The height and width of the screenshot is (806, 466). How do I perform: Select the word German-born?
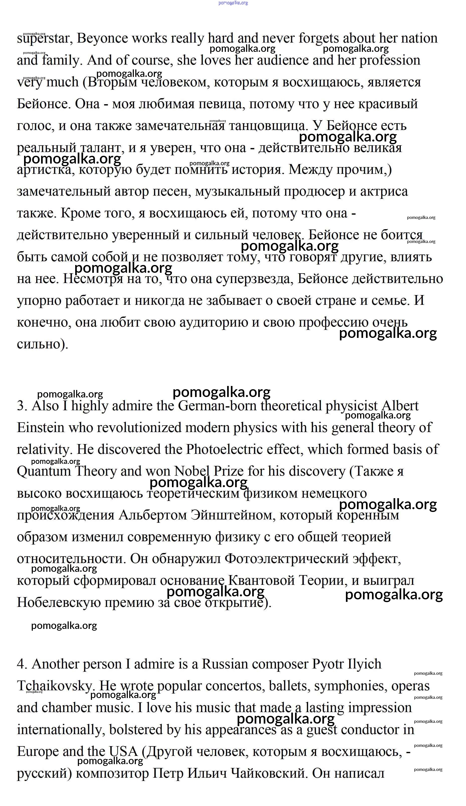pos(218,406)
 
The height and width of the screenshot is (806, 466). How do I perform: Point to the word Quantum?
pos(44,472)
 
